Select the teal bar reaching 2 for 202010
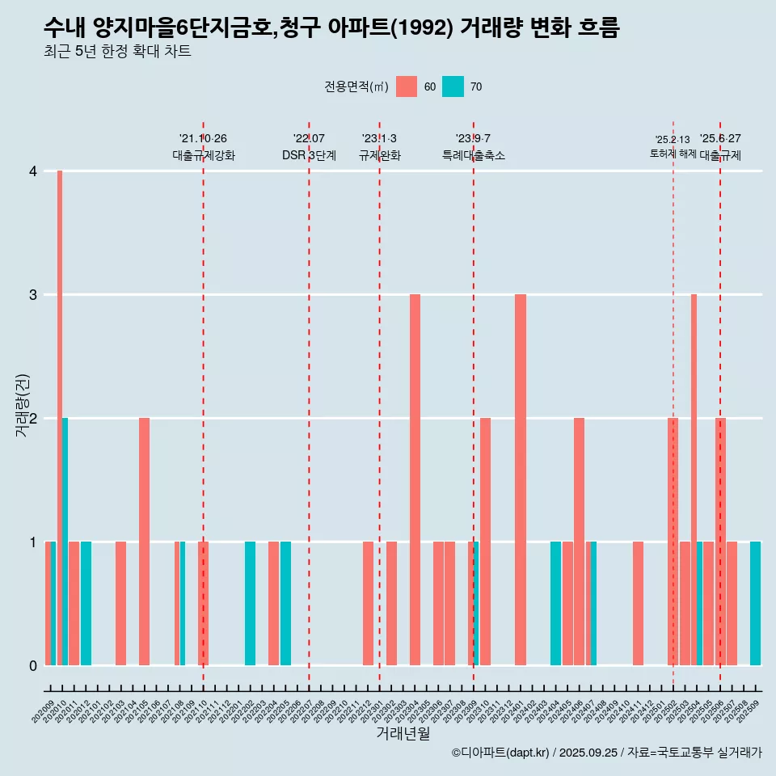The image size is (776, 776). [x=65, y=542]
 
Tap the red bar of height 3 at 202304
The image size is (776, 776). [x=415, y=479]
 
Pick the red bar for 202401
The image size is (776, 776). [x=521, y=479]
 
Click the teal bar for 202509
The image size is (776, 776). [x=755, y=603]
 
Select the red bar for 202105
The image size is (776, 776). [x=144, y=542]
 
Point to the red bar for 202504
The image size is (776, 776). [x=694, y=479]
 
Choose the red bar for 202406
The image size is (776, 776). [x=579, y=542]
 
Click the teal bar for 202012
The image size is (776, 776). [x=86, y=603]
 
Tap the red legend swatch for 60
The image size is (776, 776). [x=407, y=86]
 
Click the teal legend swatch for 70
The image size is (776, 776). [x=453, y=86]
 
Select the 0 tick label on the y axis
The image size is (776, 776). [x=33, y=665]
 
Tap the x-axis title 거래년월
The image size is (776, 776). [x=403, y=733]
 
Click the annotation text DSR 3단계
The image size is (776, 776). [x=309, y=155]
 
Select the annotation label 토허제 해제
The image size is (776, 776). [x=673, y=154]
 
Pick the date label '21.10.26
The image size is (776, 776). [x=203, y=138]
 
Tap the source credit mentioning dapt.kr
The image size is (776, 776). [x=606, y=753]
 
